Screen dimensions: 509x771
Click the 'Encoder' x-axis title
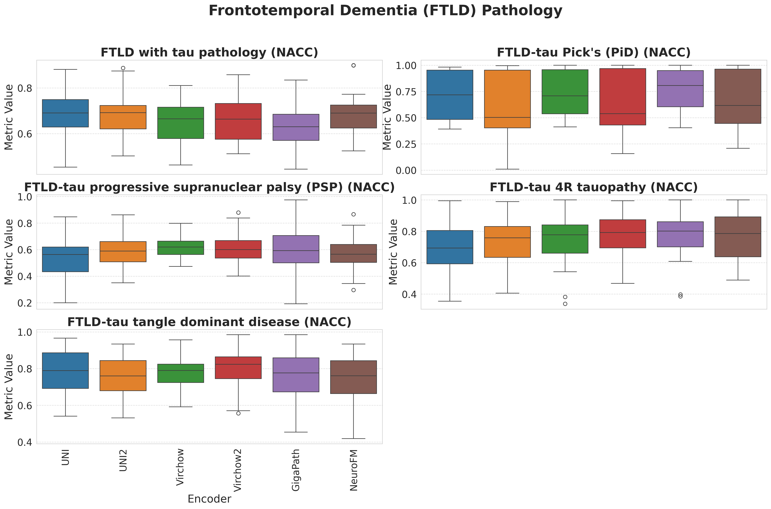click(x=209, y=499)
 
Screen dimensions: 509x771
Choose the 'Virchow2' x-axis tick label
click(x=238, y=470)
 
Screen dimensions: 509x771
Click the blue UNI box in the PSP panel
click(x=65, y=259)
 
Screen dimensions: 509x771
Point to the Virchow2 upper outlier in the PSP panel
click(x=238, y=213)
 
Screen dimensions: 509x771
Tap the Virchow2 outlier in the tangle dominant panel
click(x=238, y=413)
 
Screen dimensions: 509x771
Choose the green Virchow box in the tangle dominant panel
click(x=181, y=373)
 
